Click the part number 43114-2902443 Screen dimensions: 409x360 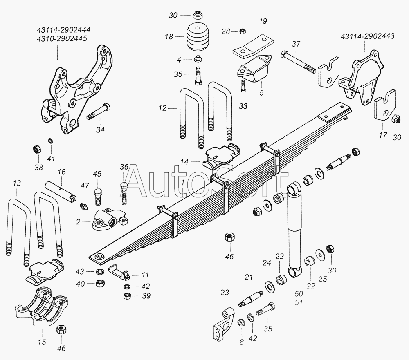tap(367, 36)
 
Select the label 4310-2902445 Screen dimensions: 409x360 tap(62, 38)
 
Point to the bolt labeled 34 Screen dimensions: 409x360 tap(99, 112)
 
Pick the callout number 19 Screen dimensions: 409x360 tap(263, 21)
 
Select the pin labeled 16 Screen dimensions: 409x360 tap(61, 192)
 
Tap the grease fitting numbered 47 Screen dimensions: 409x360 tap(84, 206)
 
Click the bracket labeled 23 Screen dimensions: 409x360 tap(223, 324)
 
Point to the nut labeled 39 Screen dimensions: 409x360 tap(128, 296)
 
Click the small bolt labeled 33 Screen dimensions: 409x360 tap(243, 86)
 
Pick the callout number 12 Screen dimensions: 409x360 tap(162, 108)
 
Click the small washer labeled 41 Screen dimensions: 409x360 tap(50, 141)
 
